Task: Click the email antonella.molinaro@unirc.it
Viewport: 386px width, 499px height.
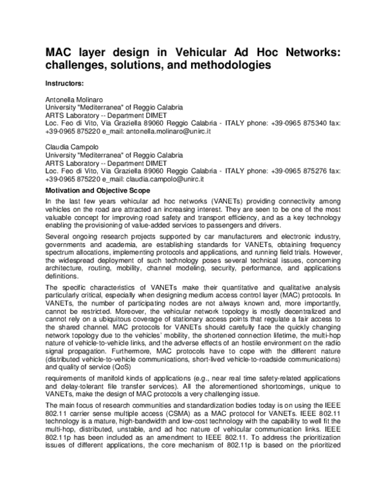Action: click(169, 131)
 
